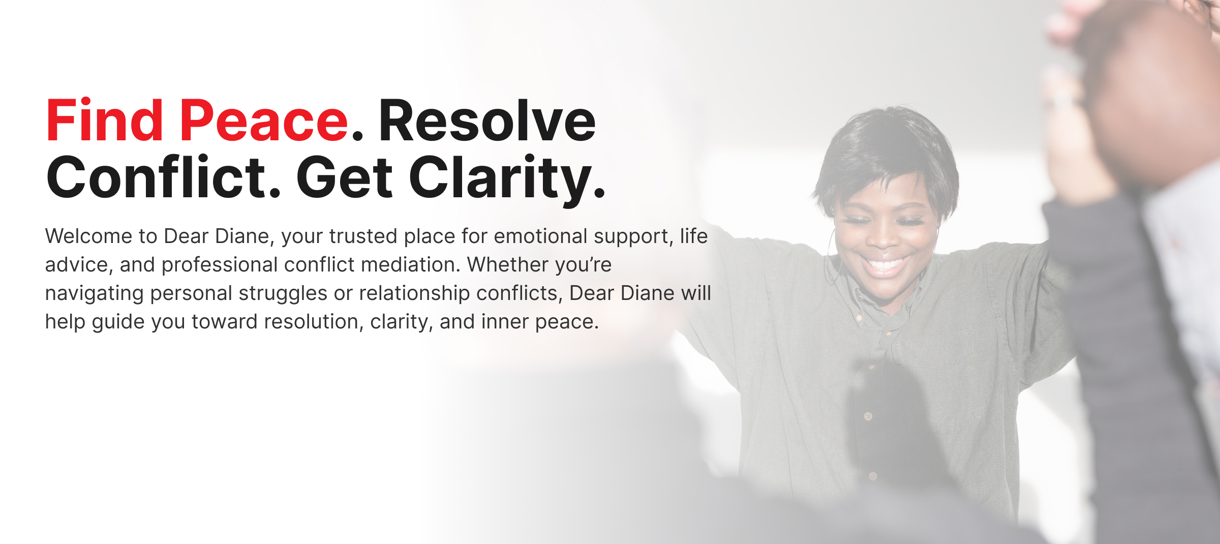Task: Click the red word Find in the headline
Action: [x=105, y=120]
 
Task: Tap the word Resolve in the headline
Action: [x=487, y=120]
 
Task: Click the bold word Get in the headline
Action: [x=345, y=177]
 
